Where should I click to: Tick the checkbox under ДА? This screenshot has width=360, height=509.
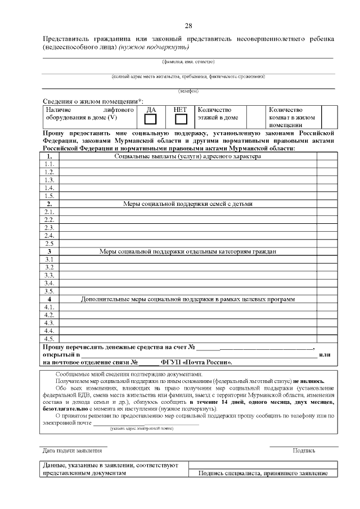coord(151,119)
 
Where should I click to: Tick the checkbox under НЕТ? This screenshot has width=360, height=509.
coord(181,119)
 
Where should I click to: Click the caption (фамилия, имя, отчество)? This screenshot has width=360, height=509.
coord(188,61)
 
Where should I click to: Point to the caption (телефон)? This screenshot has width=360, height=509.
coord(188,91)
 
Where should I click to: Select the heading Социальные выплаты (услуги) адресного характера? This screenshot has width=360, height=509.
coord(188,156)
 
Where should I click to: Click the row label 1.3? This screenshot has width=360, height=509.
coord(49,180)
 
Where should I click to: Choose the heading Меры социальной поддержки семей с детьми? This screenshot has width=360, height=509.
coord(188,204)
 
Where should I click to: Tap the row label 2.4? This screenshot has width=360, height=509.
coord(49,236)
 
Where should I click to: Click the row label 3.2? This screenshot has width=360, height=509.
coord(49,267)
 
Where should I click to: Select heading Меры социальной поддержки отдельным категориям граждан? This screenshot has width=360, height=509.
coord(188,251)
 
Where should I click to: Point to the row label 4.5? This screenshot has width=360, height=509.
coord(49,339)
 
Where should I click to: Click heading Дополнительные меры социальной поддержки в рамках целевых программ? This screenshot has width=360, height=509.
coord(188,299)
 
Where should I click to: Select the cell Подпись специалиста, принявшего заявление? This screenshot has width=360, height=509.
coord(263,474)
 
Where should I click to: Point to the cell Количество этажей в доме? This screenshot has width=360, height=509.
coord(218,114)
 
